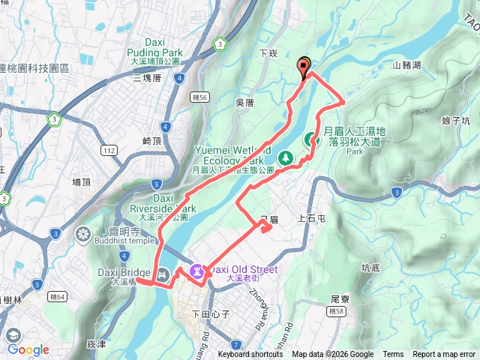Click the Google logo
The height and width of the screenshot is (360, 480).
28,349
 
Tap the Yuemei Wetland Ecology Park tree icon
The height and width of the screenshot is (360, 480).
286,158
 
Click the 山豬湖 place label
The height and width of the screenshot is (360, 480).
407,65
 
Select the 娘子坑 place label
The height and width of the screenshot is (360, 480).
455,120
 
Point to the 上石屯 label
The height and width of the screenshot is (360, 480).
312,219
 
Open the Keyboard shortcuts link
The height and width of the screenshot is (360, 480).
250,355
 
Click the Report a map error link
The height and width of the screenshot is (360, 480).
445,355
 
